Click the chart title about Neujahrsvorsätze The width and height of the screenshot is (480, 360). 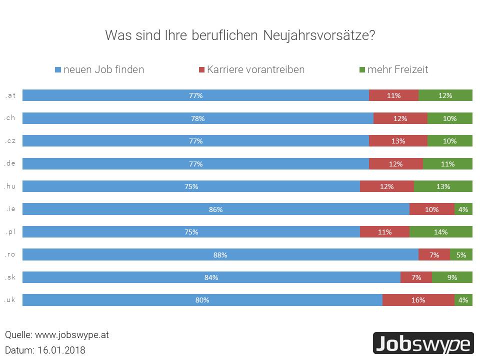pos(240,36)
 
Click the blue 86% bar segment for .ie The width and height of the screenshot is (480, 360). pos(215,209)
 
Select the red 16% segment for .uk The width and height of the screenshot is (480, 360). pos(418,300)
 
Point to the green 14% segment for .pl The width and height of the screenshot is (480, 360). pos(440,232)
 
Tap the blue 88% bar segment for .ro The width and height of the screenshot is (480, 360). pos(220,254)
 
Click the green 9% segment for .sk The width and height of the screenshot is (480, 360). pos(452,277)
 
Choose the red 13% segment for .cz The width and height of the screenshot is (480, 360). pos(398,141)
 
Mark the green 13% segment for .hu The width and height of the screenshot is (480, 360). pos(443,186)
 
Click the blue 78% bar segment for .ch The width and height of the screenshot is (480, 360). pos(197,118)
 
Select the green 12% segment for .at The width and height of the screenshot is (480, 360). pos(445,95)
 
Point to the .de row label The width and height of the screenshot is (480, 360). pos(10,163)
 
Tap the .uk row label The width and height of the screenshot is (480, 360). pos(10,300)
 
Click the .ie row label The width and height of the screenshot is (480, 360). pos(10,209)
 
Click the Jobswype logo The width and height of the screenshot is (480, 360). pos(423,343)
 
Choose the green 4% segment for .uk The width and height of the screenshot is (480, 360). pos(463,300)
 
